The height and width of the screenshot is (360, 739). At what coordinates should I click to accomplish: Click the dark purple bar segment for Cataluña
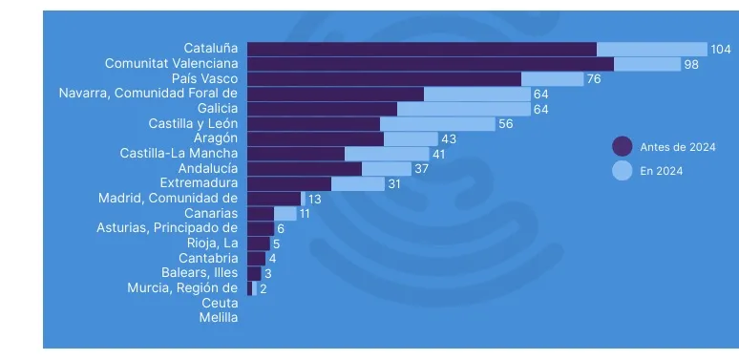click(x=421, y=49)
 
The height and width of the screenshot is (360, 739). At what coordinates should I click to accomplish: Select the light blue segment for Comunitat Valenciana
click(x=646, y=64)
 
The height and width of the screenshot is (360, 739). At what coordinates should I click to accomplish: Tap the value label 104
click(x=721, y=49)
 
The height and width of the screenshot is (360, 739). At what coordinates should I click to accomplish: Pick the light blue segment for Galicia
click(x=463, y=109)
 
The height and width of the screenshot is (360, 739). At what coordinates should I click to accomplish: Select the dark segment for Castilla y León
click(x=313, y=124)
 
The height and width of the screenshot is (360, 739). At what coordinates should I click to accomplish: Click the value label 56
click(x=506, y=124)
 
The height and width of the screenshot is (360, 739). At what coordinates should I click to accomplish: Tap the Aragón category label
click(x=215, y=138)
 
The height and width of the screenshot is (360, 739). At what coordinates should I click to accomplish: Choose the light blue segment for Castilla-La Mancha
click(x=387, y=154)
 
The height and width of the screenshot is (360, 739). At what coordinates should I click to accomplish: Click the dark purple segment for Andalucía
click(x=304, y=168)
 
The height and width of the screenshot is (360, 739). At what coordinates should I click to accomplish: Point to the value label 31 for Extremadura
click(x=393, y=183)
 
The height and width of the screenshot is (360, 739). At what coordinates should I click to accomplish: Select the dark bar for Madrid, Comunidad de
click(x=273, y=199)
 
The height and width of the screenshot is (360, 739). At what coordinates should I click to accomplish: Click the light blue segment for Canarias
click(x=285, y=213)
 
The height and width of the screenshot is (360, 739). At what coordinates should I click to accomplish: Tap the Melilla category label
click(x=218, y=318)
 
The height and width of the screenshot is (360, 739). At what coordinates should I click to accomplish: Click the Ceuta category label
click(x=220, y=303)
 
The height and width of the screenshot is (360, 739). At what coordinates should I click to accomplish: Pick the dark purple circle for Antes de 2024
click(x=623, y=146)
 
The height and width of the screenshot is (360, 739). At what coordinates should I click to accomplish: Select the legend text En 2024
click(x=661, y=172)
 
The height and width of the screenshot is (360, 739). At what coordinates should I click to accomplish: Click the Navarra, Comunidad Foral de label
click(x=147, y=94)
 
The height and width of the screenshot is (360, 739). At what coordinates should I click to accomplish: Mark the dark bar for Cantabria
click(x=256, y=258)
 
